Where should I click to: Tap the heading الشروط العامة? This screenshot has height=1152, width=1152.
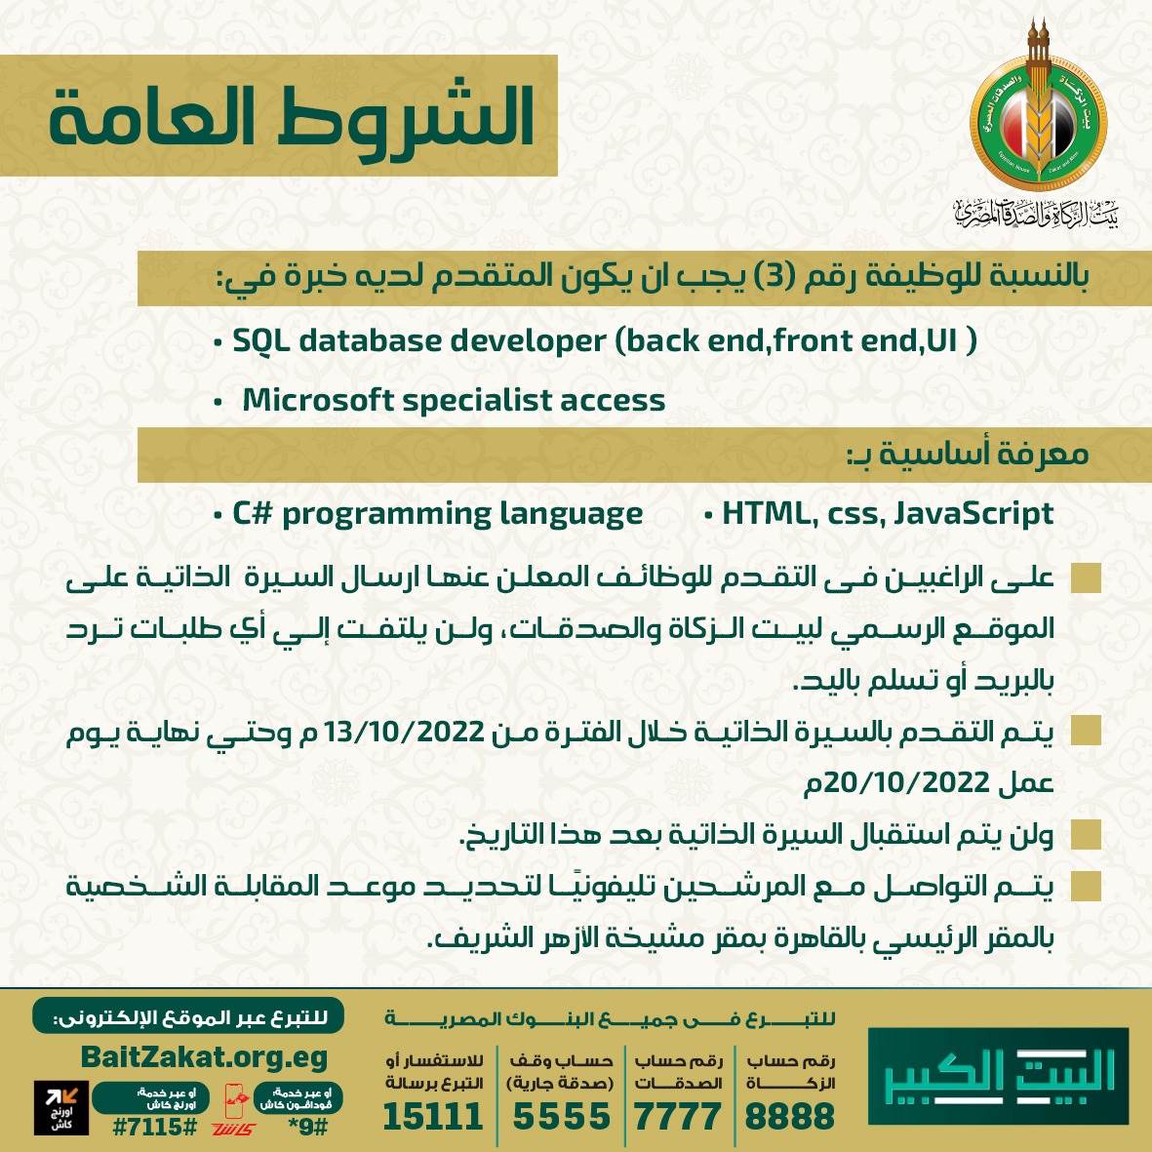[292, 117]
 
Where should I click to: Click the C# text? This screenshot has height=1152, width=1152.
[251, 513]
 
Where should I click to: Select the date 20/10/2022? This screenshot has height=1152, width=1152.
[907, 781]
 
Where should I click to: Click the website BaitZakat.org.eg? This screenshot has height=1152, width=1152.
[204, 1057]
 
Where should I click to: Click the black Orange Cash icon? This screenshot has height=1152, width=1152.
[60, 1107]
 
